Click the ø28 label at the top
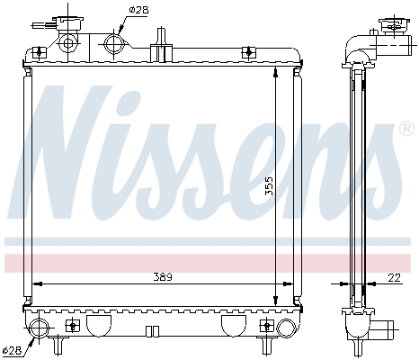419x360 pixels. [x=138, y=9]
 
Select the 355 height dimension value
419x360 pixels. [x=269, y=185]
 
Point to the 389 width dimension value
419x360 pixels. [x=162, y=275]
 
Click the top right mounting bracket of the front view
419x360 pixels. [x=272, y=53]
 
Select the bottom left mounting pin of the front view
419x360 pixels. [x=59, y=345]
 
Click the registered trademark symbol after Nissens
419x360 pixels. [x=406, y=130]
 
